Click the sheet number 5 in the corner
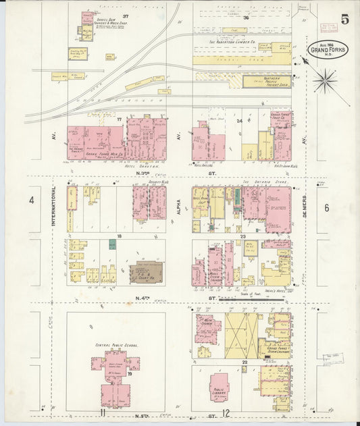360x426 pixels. pyautogui.click(x=344, y=19)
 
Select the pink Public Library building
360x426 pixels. pyautogui.click(x=219, y=388)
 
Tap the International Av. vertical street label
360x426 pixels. pyautogui.click(x=53, y=207)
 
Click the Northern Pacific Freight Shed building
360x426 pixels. pyautogui.click(x=267, y=81)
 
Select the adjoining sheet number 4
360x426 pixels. pyautogui.click(x=31, y=201)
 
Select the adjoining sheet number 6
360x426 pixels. pyautogui.click(x=326, y=207)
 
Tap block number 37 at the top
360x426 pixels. pyautogui.click(x=126, y=15)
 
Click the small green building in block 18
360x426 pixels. pyautogui.click(x=112, y=244)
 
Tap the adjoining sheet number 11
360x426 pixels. pyautogui.click(x=102, y=412)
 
